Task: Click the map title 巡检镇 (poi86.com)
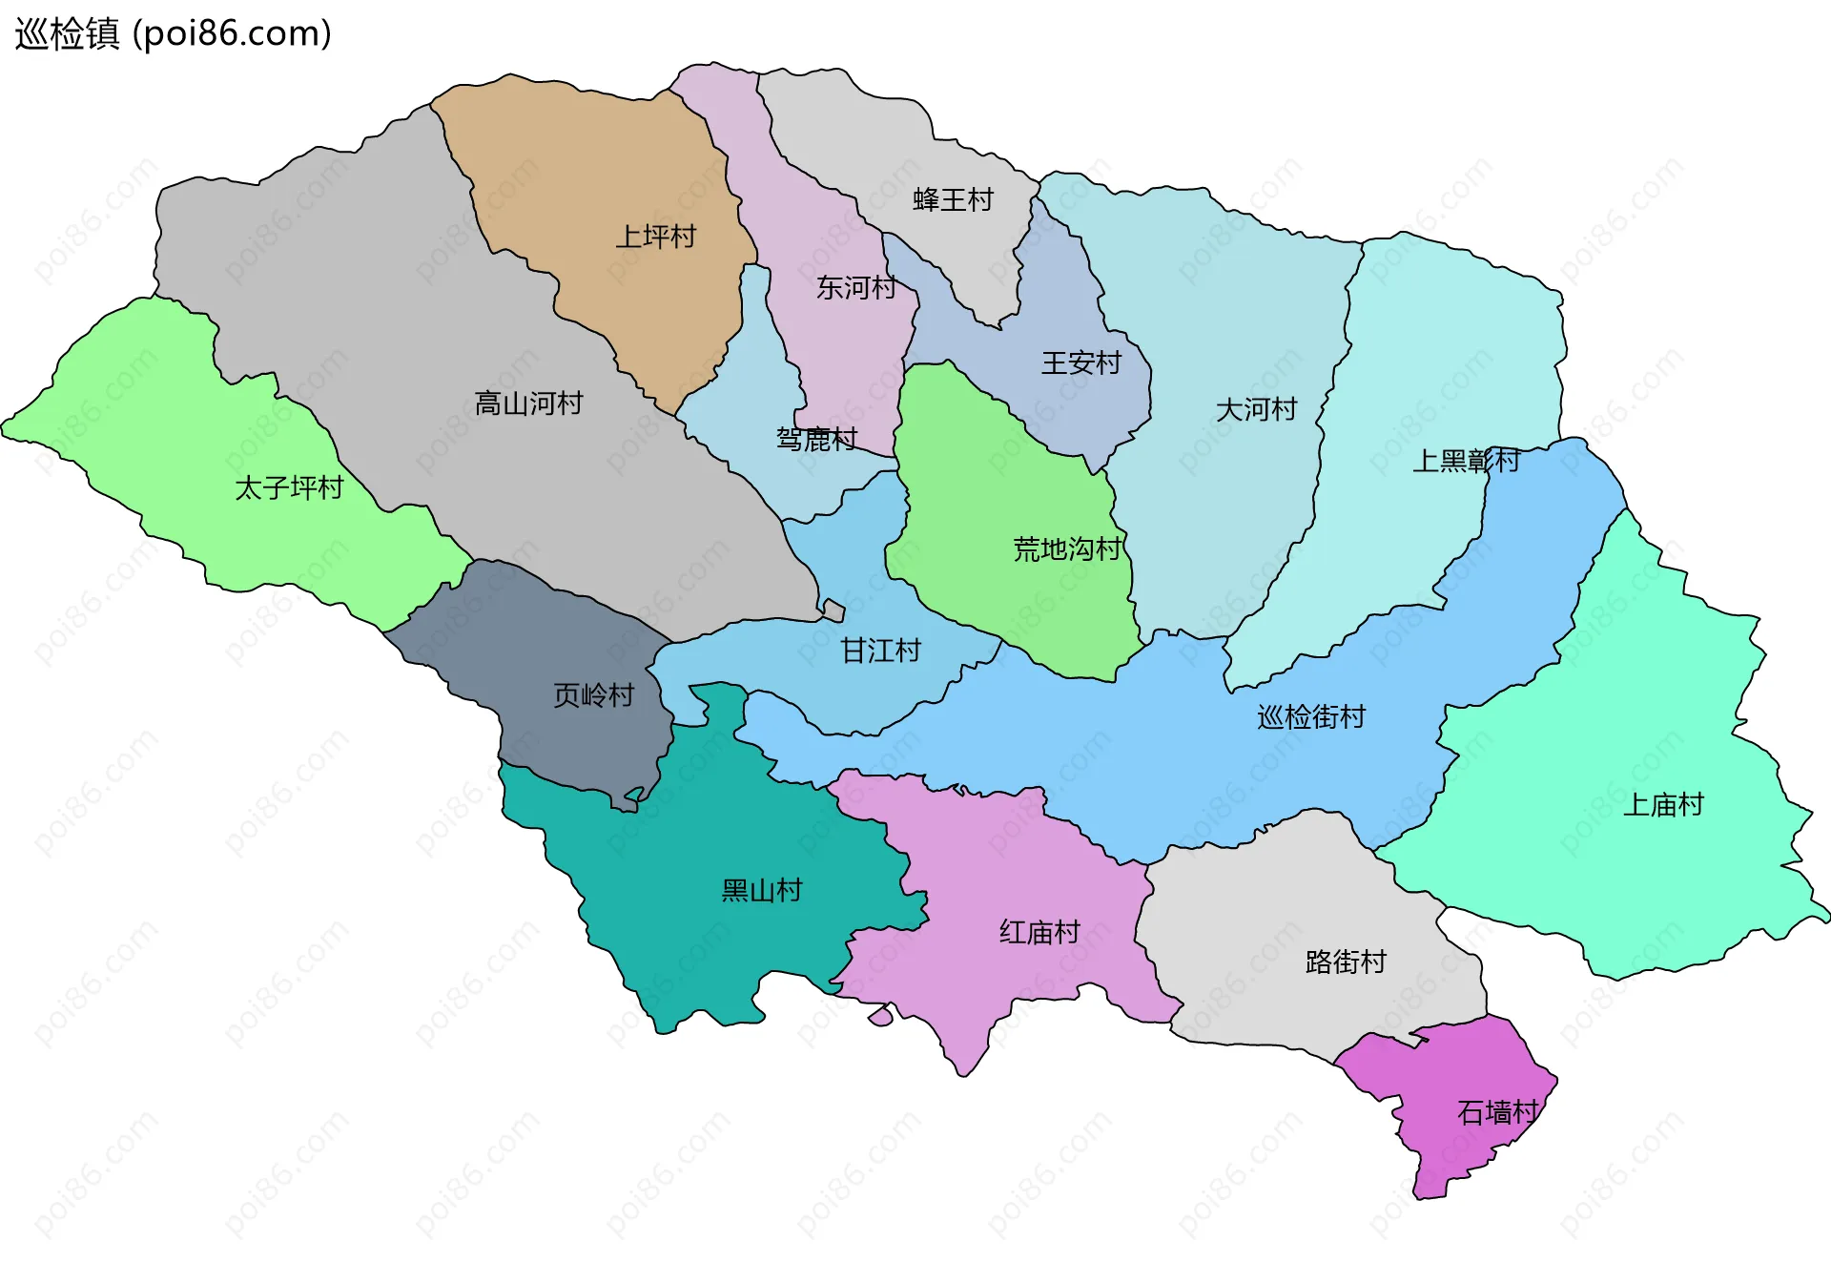(173, 34)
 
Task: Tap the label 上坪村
(655, 237)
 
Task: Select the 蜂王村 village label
(953, 199)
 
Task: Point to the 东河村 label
(855, 287)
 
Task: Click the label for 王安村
(1080, 362)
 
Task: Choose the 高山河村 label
(528, 403)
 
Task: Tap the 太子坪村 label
(289, 487)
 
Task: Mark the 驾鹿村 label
(816, 439)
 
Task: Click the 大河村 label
(1256, 409)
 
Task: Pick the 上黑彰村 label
(1466, 461)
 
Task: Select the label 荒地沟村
(1066, 548)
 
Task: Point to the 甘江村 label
(880, 651)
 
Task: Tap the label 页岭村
(593, 694)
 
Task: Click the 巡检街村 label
(1311, 716)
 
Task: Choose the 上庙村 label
(1663, 804)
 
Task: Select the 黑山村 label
(761, 890)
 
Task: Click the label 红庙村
(1039, 931)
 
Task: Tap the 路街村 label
(1346, 961)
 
